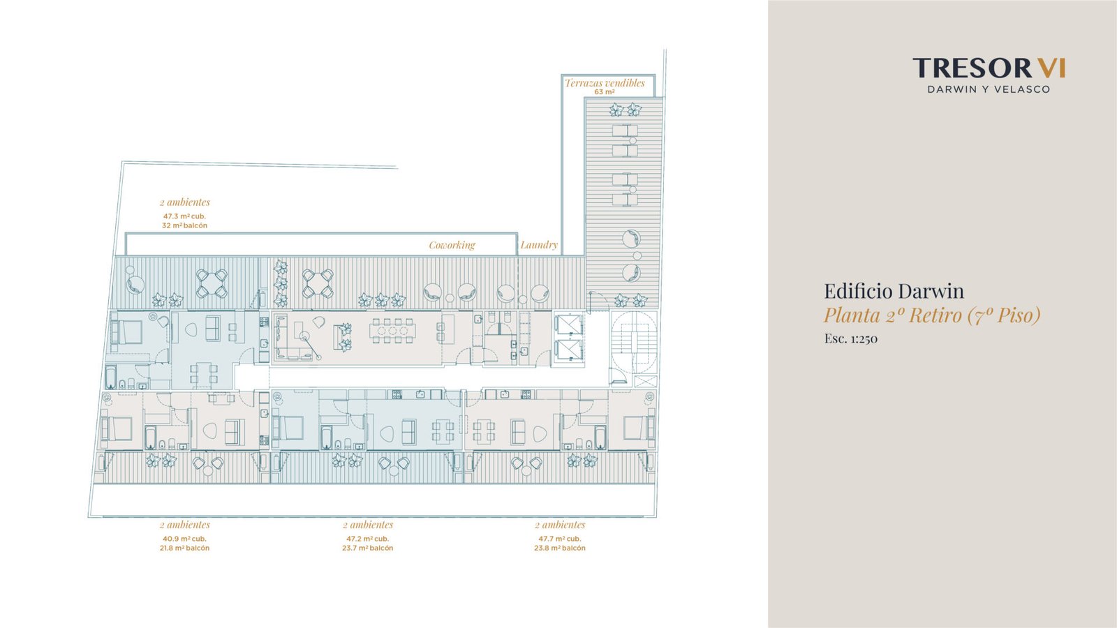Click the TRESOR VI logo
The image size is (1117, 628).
(x=989, y=68)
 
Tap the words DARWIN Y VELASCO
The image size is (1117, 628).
(x=989, y=90)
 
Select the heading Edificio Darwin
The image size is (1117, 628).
(x=894, y=291)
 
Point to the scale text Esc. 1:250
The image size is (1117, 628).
(x=851, y=339)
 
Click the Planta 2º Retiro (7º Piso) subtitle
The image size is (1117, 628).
(x=932, y=315)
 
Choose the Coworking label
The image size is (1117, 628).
(x=452, y=245)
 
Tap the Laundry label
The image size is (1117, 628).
(x=538, y=245)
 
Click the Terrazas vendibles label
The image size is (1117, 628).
(x=605, y=83)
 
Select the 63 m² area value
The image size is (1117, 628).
(x=604, y=92)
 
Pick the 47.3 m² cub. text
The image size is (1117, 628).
(x=184, y=216)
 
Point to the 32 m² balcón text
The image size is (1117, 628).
(x=184, y=226)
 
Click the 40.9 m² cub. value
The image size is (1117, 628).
(x=184, y=539)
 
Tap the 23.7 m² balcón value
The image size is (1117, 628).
(x=367, y=548)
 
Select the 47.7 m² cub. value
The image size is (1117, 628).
(x=559, y=539)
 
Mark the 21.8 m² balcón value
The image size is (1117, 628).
(x=184, y=548)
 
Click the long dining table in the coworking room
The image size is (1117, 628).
(x=392, y=331)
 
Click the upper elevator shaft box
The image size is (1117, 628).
(x=569, y=324)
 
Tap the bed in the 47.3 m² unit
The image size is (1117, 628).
(x=128, y=332)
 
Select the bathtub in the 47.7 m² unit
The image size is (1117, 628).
(x=600, y=437)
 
